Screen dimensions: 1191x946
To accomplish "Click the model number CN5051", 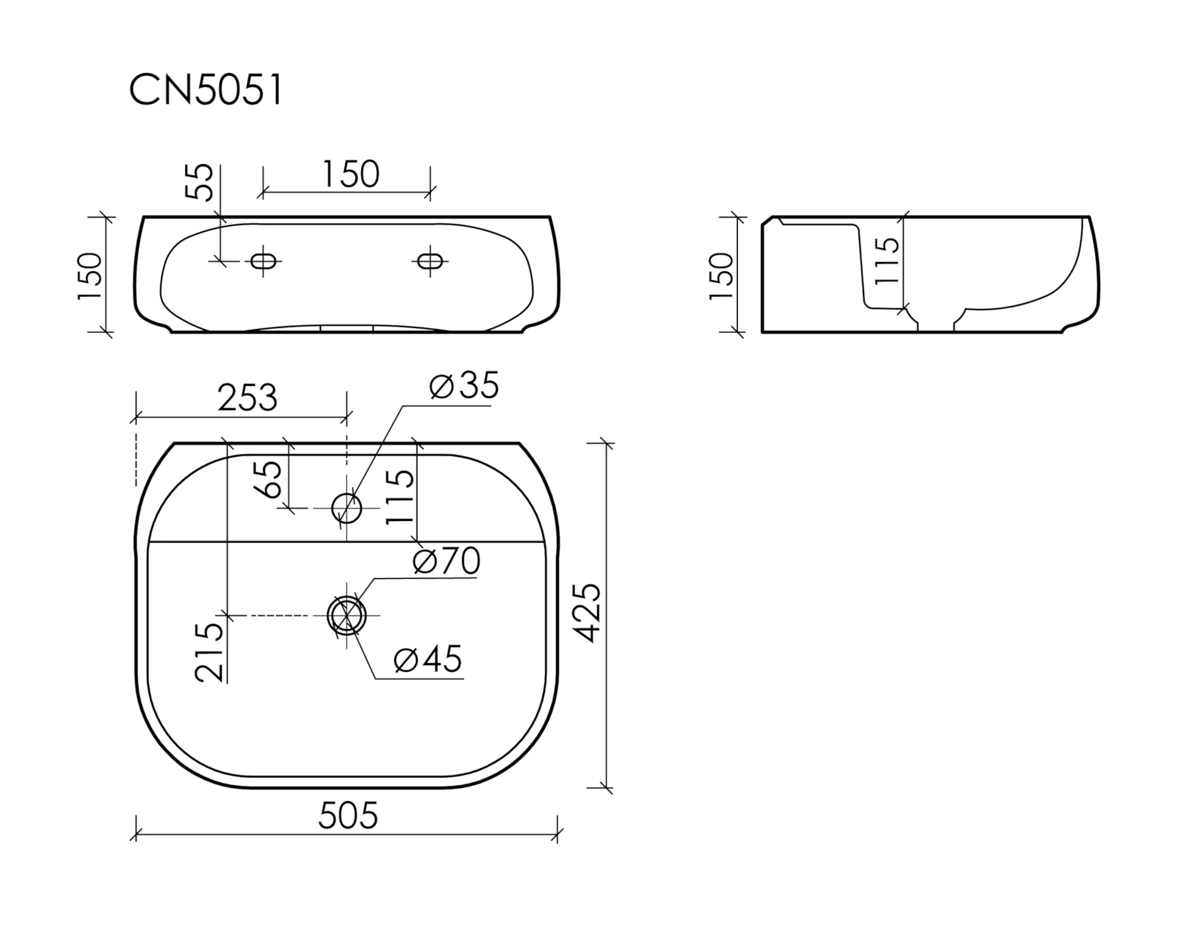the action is coord(206,90).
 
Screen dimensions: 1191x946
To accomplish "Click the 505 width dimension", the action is coord(348,815).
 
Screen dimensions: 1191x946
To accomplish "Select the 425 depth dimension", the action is coord(589,613).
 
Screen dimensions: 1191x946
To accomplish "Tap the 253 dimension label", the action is coord(247,398).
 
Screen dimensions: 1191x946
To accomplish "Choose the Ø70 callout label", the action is coord(446,561).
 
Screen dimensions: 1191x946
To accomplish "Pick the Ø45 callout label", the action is coord(428,659).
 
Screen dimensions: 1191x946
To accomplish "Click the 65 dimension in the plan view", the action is coord(267,479).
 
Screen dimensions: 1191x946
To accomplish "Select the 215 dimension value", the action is coord(209,652).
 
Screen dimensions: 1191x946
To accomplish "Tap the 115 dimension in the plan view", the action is coord(400,497).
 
